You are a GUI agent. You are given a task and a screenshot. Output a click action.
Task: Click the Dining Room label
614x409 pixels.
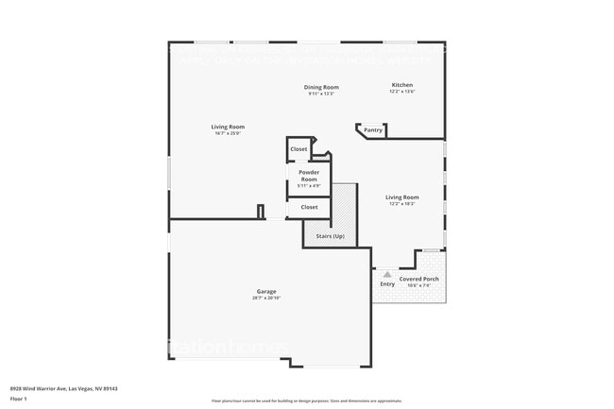(x=322, y=87)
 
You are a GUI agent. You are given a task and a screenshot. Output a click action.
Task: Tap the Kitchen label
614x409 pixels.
(x=401, y=85)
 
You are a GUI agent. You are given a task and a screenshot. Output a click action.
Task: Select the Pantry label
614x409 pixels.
(x=373, y=130)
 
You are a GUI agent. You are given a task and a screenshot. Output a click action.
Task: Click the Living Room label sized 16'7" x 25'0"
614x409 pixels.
(x=227, y=127)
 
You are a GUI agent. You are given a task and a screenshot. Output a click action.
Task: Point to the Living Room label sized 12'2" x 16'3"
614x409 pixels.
(x=401, y=197)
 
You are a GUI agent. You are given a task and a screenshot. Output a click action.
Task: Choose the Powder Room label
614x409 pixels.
(x=309, y=176)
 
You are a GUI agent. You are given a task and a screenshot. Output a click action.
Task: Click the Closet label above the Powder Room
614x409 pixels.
(x=298, y=149)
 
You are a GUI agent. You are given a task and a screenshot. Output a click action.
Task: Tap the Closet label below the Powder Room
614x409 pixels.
(x=309, y=207)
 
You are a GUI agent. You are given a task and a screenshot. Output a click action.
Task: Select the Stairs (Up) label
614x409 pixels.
(x=330, y=235)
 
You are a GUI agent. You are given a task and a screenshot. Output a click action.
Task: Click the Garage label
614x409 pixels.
(x=266, y=291)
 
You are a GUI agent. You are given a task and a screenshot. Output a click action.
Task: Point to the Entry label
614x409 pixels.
(x=387, y=284)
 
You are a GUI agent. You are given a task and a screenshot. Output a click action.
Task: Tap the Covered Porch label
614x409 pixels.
(x=418, y=280)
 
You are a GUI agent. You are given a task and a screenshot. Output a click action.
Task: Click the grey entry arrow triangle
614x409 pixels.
(x=387, y=274)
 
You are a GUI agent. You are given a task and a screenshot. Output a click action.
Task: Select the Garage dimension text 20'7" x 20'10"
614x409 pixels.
(x=266, y=298)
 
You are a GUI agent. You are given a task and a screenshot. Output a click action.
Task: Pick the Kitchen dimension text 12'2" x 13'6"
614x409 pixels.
(x=401, y=92)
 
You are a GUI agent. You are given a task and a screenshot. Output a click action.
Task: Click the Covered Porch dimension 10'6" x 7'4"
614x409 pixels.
(x=418, y=285)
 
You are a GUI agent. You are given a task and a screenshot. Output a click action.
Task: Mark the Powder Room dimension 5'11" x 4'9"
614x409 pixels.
(x=309, y=185)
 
